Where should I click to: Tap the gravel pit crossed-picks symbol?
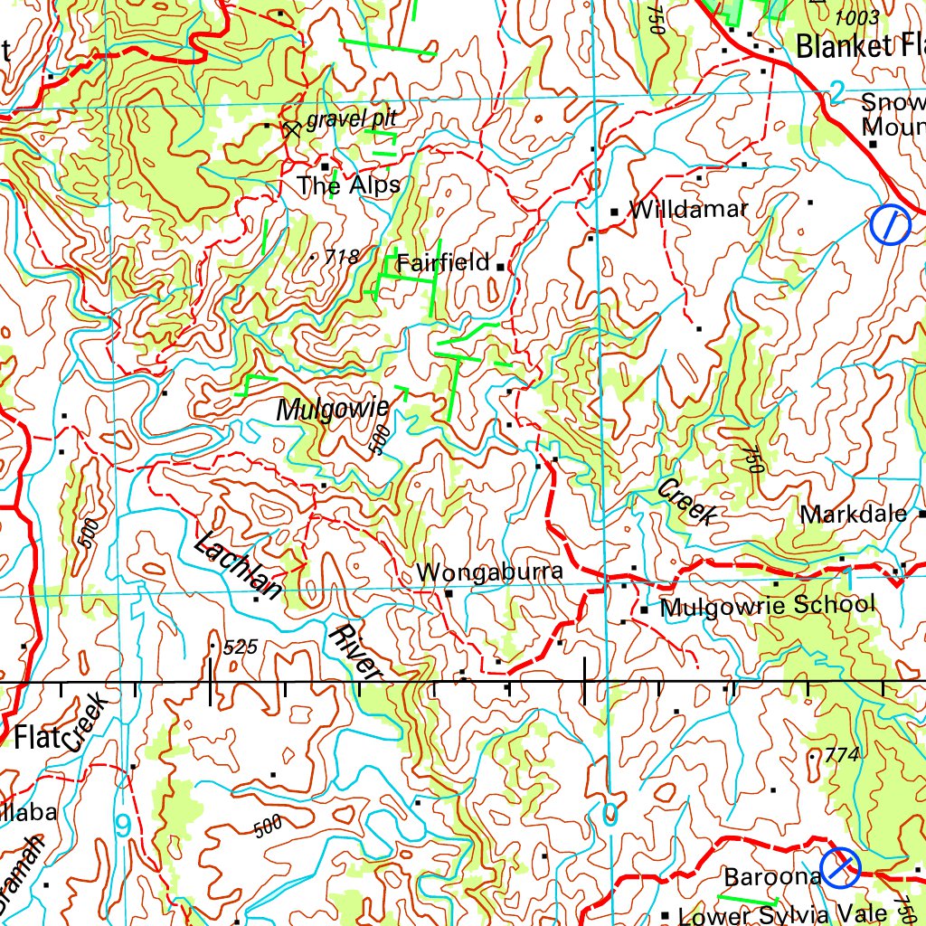coord(290,128)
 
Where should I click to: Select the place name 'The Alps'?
coord(348,186)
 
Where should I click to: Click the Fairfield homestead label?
coord(443,263)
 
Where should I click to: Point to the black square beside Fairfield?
coord(500,267)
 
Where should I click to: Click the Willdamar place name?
coord(688,210)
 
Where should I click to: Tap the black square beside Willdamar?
coord(615,212)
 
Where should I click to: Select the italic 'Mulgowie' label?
coord(332,410)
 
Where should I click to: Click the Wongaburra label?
coord(489,572)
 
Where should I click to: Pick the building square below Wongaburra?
coord(449,593)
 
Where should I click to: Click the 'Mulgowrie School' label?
coord(767,605)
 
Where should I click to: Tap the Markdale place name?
coord(853,515)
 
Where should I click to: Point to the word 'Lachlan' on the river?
coord(238,566)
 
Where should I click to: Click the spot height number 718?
coord(341,258)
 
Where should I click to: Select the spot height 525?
coord(240,647)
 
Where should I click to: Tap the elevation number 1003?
coord(856,17)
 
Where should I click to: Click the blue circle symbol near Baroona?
coord(841,867)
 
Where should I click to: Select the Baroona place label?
coord(771,877)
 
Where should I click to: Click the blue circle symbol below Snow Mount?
coord(890,224)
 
